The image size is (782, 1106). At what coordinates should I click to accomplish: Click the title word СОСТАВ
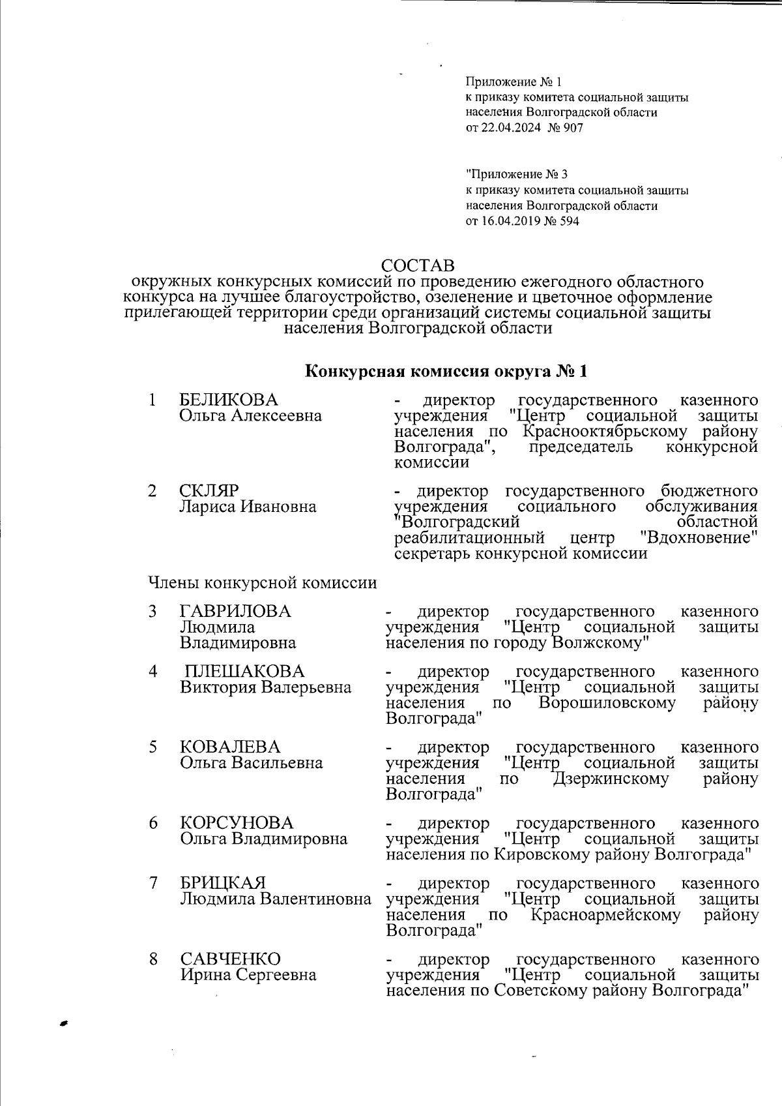click(x=418, y=266)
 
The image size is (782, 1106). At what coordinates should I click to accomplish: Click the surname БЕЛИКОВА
click(x=228, y=400)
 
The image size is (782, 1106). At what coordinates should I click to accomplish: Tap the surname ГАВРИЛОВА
click(x=235, y=612)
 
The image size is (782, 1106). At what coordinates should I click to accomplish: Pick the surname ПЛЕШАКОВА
click(x=244, y=671)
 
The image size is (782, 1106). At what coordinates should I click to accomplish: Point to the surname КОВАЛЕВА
click(x=230, y=747)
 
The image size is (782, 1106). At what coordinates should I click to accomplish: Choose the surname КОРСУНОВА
click(x=237, y=823)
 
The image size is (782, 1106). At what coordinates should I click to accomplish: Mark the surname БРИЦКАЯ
click(x=223, y=884)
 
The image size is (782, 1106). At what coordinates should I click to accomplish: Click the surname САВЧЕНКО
click(x=230, y=959)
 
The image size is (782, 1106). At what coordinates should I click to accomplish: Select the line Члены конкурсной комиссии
click(x=263, y=582)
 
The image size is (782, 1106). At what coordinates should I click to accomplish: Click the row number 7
click(x=153, y=884)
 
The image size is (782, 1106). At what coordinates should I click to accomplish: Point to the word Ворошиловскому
click(x=607, y=703)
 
